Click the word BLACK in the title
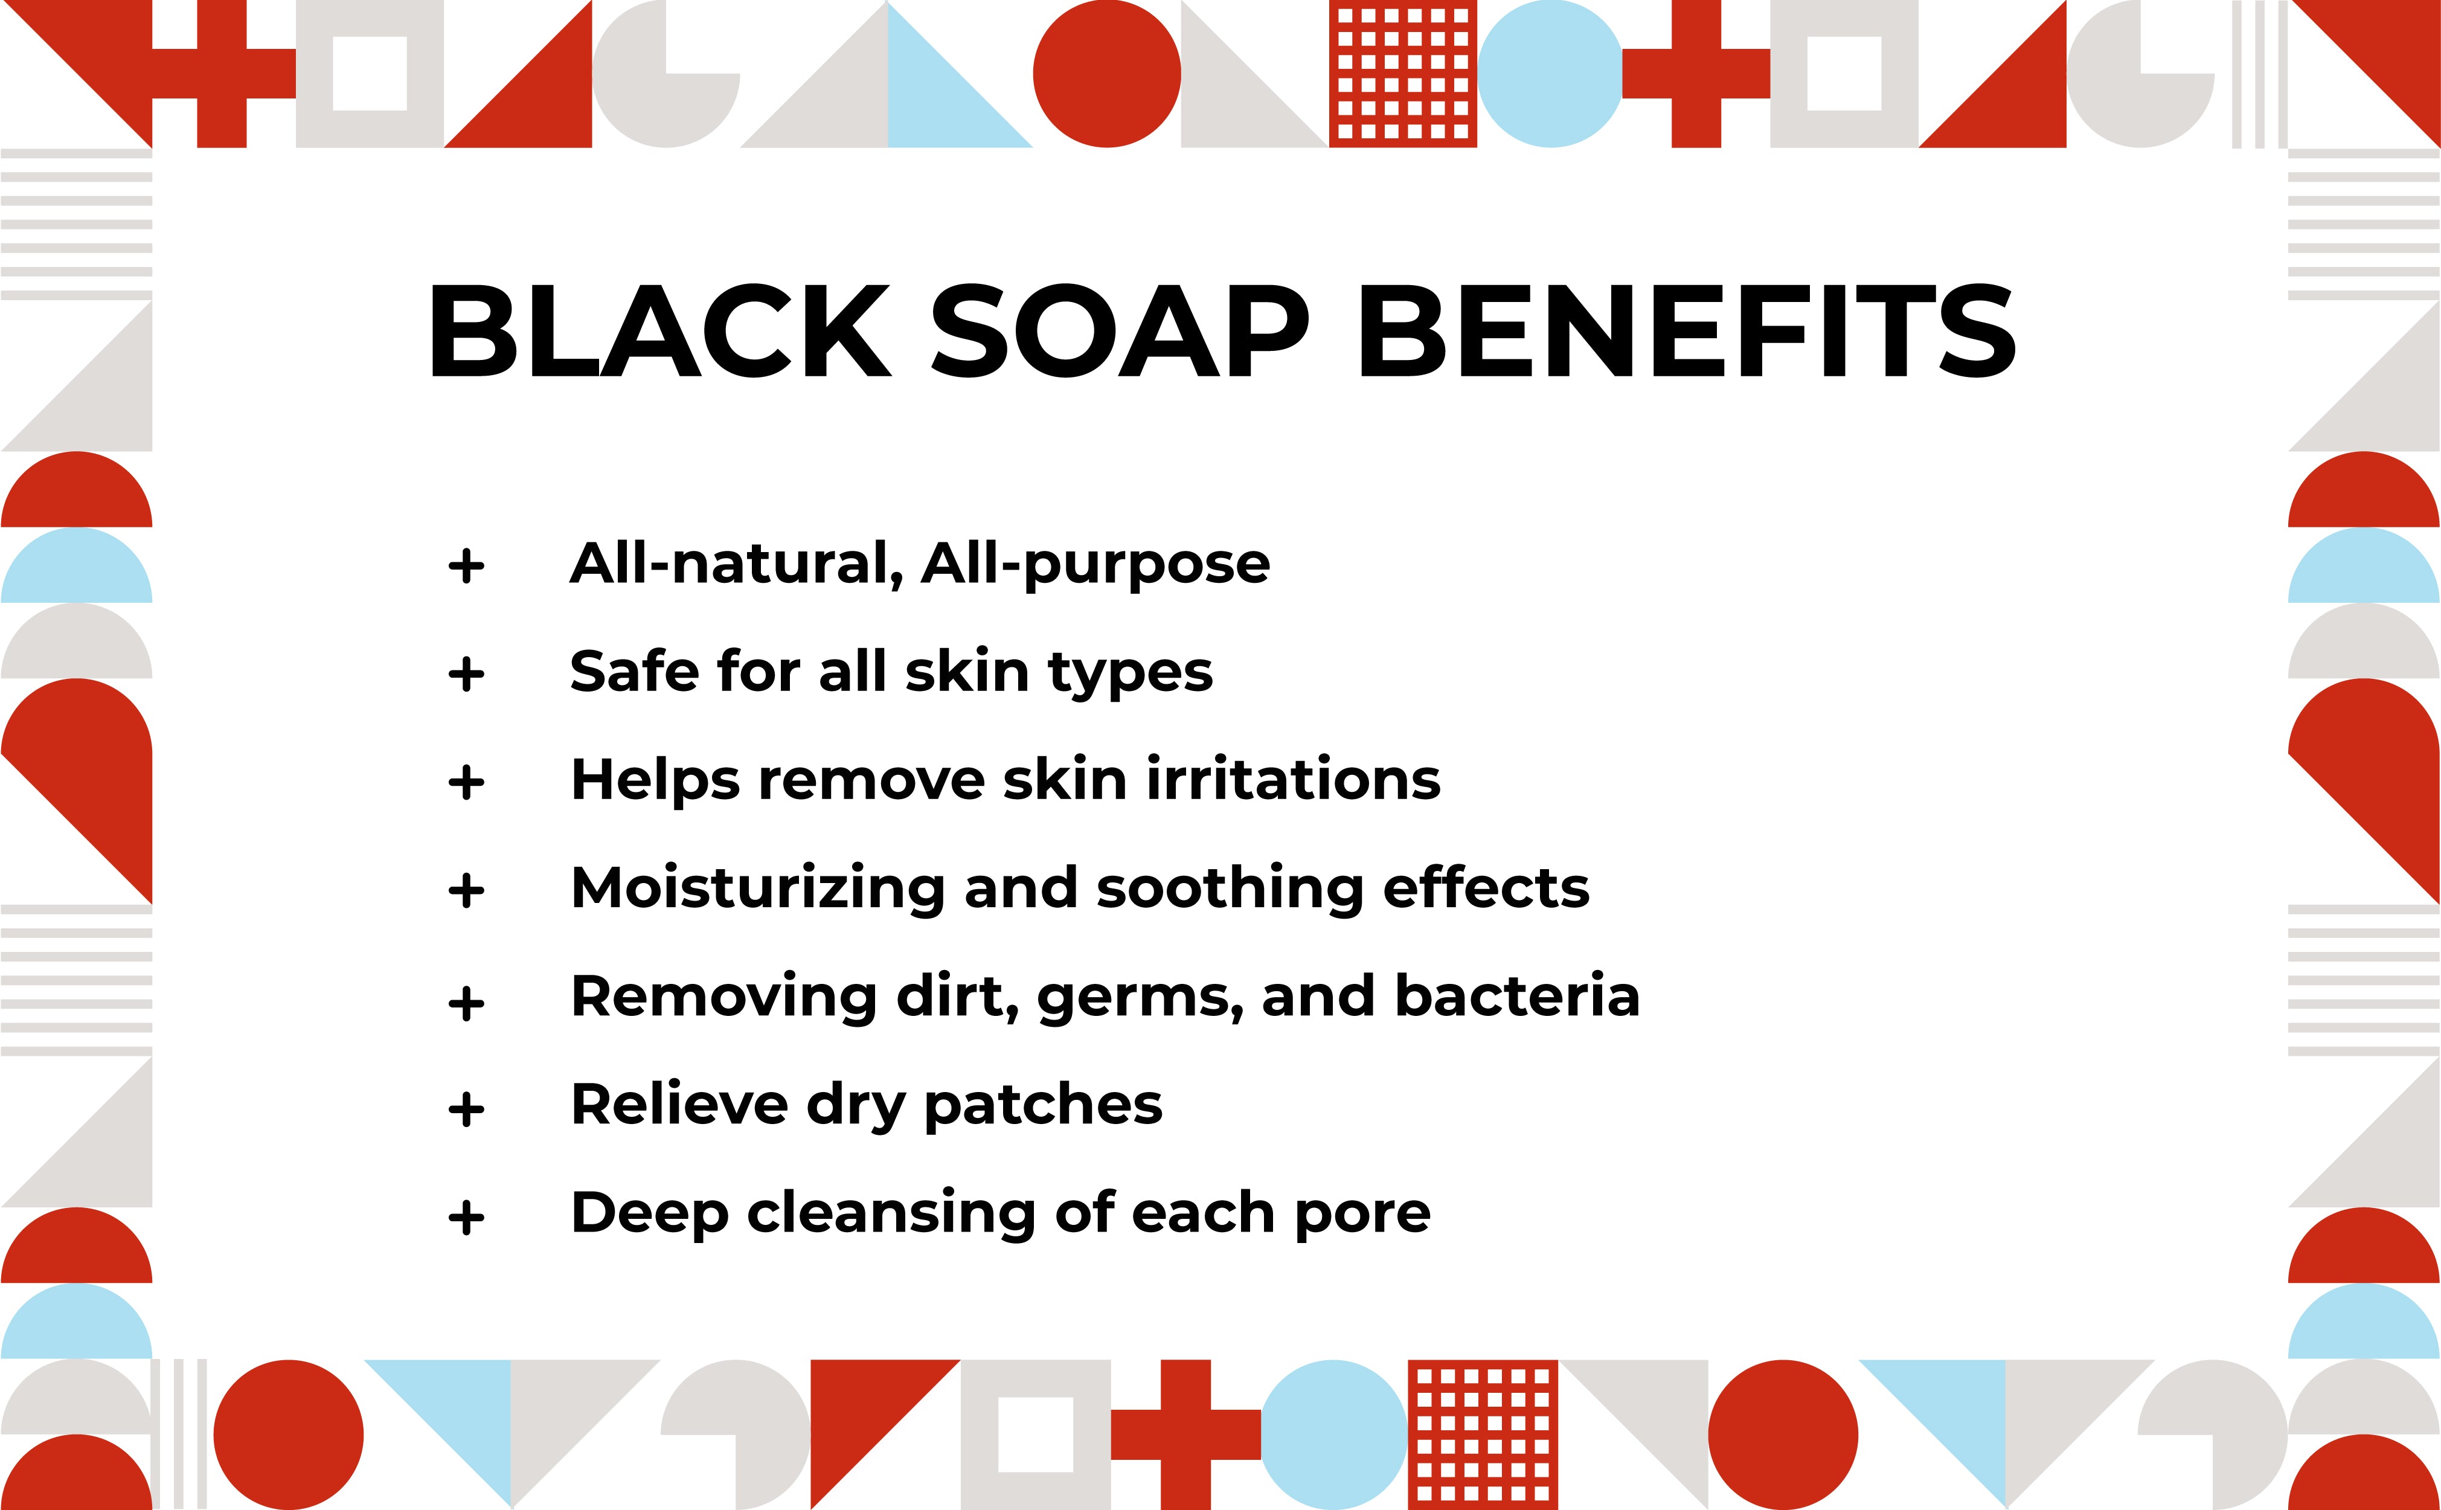click(660, 330)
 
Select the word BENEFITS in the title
click(1687, 330)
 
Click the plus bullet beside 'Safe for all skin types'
click(466, 674)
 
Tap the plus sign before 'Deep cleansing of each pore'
click(466, 1218)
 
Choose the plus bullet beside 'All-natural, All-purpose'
click(466, 567)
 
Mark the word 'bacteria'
click(1516, 995)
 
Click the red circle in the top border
click(1106, 74)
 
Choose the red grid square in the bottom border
click(1483, 1434)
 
